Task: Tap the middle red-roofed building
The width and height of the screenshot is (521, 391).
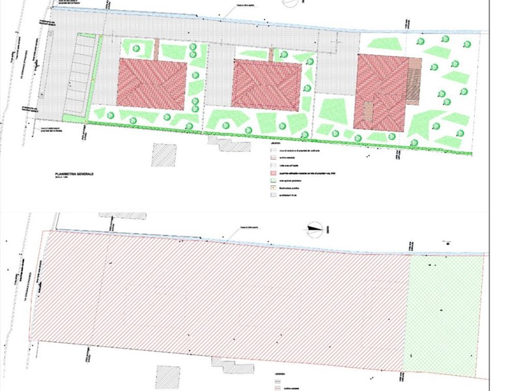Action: click(266, 85)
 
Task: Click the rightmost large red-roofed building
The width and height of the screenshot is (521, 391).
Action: click(380, 91)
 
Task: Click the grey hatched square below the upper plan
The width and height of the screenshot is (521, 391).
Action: click(164, 154)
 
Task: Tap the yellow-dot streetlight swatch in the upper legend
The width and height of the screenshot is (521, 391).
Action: click(274, 188)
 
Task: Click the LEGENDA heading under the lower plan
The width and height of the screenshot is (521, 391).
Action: click(277, 375)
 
